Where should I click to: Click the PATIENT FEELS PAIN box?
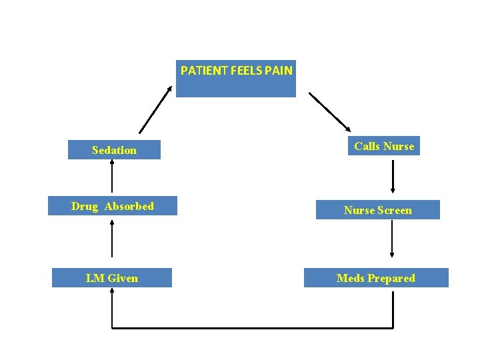click(x=235, y=79)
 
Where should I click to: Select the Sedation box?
click(x=114, y=150)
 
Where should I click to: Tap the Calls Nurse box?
click(x=384, y=146)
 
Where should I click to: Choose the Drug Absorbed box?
click(x=112, y=207)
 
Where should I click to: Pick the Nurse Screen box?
click(x=377, y=210)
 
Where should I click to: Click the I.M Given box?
click(x=112, y=278)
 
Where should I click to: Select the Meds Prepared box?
click(x=376, y=278)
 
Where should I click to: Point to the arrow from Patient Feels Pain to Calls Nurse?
click(x=330, y=111)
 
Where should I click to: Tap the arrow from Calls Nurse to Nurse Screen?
click(x=393, y=175)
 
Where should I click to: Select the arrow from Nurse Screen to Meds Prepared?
click(x=392, y=239)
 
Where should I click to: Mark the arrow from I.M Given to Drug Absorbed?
click(x=112, y=239)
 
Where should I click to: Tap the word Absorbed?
click(x=129, y=207)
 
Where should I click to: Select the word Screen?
click(x=395, y=210)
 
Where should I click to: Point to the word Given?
click(x=123, y=278)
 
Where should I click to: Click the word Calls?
click(x=367, y=146)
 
